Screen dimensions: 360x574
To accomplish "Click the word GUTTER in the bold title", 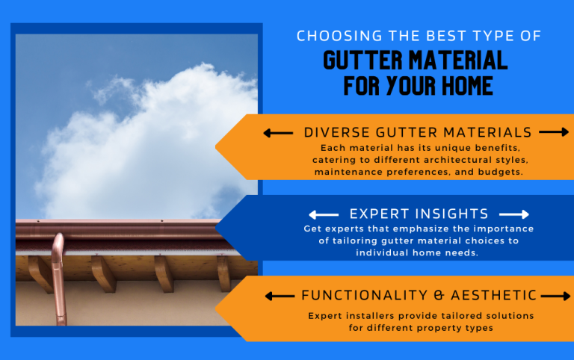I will coord(359,60).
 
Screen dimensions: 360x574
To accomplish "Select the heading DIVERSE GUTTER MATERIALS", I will coord(418,132).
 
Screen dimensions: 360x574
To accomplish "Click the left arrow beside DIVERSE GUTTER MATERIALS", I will coord(278,133).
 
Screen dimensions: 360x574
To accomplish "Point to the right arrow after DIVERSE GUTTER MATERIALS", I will coord(554,132).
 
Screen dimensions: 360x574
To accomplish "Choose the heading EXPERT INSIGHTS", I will coord(419,214).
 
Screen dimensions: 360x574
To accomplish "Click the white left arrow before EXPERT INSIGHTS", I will coord(323,214).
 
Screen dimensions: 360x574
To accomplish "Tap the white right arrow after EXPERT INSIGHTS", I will coord(514,214).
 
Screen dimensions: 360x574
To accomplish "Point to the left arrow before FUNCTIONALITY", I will coord(280,297).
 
